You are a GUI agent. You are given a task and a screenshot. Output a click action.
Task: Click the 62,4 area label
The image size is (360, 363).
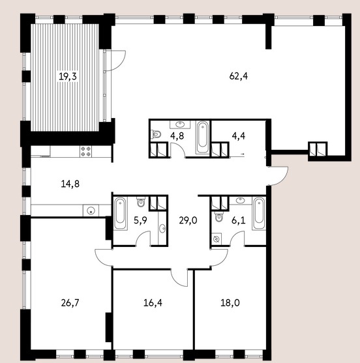point(239,76)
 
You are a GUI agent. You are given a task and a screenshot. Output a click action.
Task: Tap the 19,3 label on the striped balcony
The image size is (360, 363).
point(68,76)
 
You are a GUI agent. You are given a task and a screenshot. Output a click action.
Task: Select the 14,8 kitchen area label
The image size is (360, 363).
point(70,184)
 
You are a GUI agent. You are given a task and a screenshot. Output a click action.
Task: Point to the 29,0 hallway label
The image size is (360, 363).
point(188,220)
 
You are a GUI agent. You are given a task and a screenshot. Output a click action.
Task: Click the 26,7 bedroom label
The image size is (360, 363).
point(70,302)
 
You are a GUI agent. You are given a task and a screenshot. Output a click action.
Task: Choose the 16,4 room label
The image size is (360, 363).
point(153,302)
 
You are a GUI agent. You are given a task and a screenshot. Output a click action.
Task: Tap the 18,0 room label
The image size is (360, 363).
point(230,302)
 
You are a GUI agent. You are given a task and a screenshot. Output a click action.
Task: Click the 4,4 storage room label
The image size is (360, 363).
point(239,136)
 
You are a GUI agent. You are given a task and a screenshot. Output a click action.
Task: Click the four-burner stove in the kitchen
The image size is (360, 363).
point(85,151)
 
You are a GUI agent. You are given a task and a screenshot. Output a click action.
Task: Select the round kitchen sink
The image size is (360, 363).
point(91,211)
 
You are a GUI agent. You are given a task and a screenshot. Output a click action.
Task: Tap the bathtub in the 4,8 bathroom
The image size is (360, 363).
point(202,138)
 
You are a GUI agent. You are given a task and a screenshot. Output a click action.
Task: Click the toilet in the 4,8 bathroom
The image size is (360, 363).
point(156,134)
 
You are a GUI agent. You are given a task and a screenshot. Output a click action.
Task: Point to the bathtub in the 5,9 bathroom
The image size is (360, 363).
point(120,214)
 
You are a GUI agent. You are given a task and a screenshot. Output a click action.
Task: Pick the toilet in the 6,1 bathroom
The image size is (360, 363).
point(218,217)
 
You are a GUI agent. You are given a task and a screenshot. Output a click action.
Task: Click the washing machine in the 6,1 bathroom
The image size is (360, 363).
point(217,239)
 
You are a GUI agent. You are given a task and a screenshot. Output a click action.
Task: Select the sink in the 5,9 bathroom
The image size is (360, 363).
point(162,229)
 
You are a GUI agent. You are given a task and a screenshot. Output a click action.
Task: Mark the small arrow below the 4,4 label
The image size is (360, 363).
point(243,154)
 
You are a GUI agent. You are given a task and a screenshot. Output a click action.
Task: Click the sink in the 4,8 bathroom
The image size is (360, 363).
point(180,124)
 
